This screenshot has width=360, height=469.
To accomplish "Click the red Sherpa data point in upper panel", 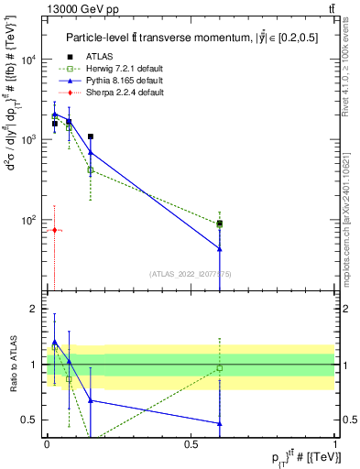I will coord(54,230).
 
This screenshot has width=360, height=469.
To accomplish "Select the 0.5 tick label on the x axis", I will coord(191,443).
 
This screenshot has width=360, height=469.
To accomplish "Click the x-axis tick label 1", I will coord(335,443).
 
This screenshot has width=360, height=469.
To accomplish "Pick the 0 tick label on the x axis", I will coord(47,443).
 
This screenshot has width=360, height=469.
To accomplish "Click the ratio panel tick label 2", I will coord(34,310).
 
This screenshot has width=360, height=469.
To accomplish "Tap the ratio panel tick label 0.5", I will coord(30,420).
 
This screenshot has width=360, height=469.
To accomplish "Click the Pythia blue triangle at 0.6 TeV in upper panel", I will coord(220,248).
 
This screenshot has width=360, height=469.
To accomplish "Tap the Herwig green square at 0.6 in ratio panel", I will coord(220,368).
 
